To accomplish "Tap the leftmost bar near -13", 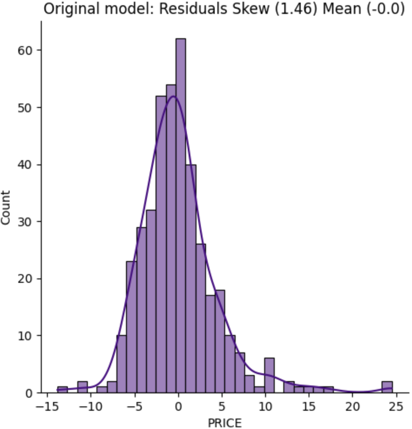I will click(x=62, y=389).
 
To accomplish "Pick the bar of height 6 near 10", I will click(x=269, y=375).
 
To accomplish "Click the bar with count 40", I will click(x=190, y=278).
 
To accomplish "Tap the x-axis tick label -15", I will click(x=46, y=407).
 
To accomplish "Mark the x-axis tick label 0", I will click(x=178, y=407).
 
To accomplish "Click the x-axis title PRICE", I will click(x=225, y=422).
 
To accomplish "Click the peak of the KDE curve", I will click(x=174, y=96).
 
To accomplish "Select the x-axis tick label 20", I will click(x=352, y=407).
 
